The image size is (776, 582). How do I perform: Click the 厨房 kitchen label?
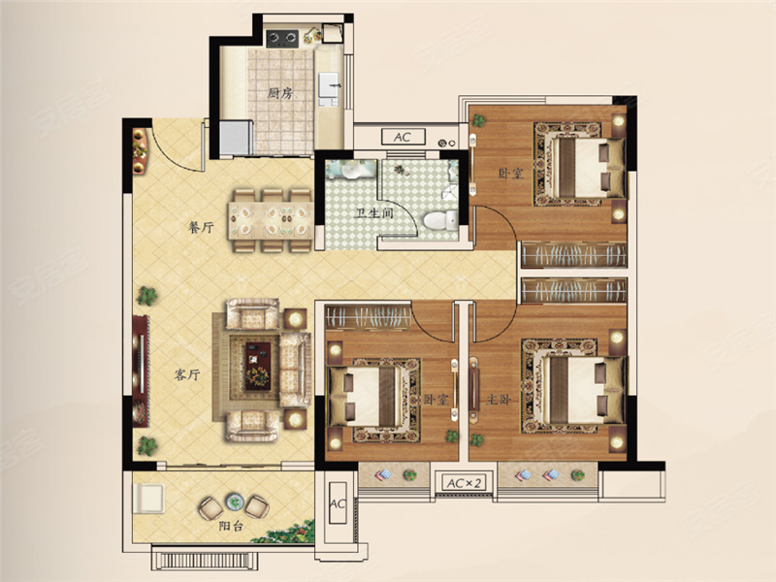point(280,93)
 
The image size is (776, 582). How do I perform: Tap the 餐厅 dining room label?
point(202,228)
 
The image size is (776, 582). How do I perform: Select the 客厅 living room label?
point(187,374)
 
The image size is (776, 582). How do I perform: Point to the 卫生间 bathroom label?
point(374,213)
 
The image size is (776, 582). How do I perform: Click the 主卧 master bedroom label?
point(498,399)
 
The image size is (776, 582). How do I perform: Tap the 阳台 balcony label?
point(231,526)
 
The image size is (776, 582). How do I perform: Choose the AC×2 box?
point(464,483)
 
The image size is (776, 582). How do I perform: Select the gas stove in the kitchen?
point(282,38)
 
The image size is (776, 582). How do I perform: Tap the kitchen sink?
point(328,85)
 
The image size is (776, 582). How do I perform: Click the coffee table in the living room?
point(258,366)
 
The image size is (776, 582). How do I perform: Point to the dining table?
point(271,221)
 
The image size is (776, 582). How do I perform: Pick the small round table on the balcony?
point(234,502)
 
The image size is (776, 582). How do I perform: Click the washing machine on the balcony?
point(148,499)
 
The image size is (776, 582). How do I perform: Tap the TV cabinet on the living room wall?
point(141,371)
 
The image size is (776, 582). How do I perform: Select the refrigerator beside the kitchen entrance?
point(236,138)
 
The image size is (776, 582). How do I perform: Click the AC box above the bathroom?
point(403,137)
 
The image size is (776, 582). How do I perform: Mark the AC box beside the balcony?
point(338,503)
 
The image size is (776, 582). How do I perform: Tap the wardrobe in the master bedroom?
point(574,290)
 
